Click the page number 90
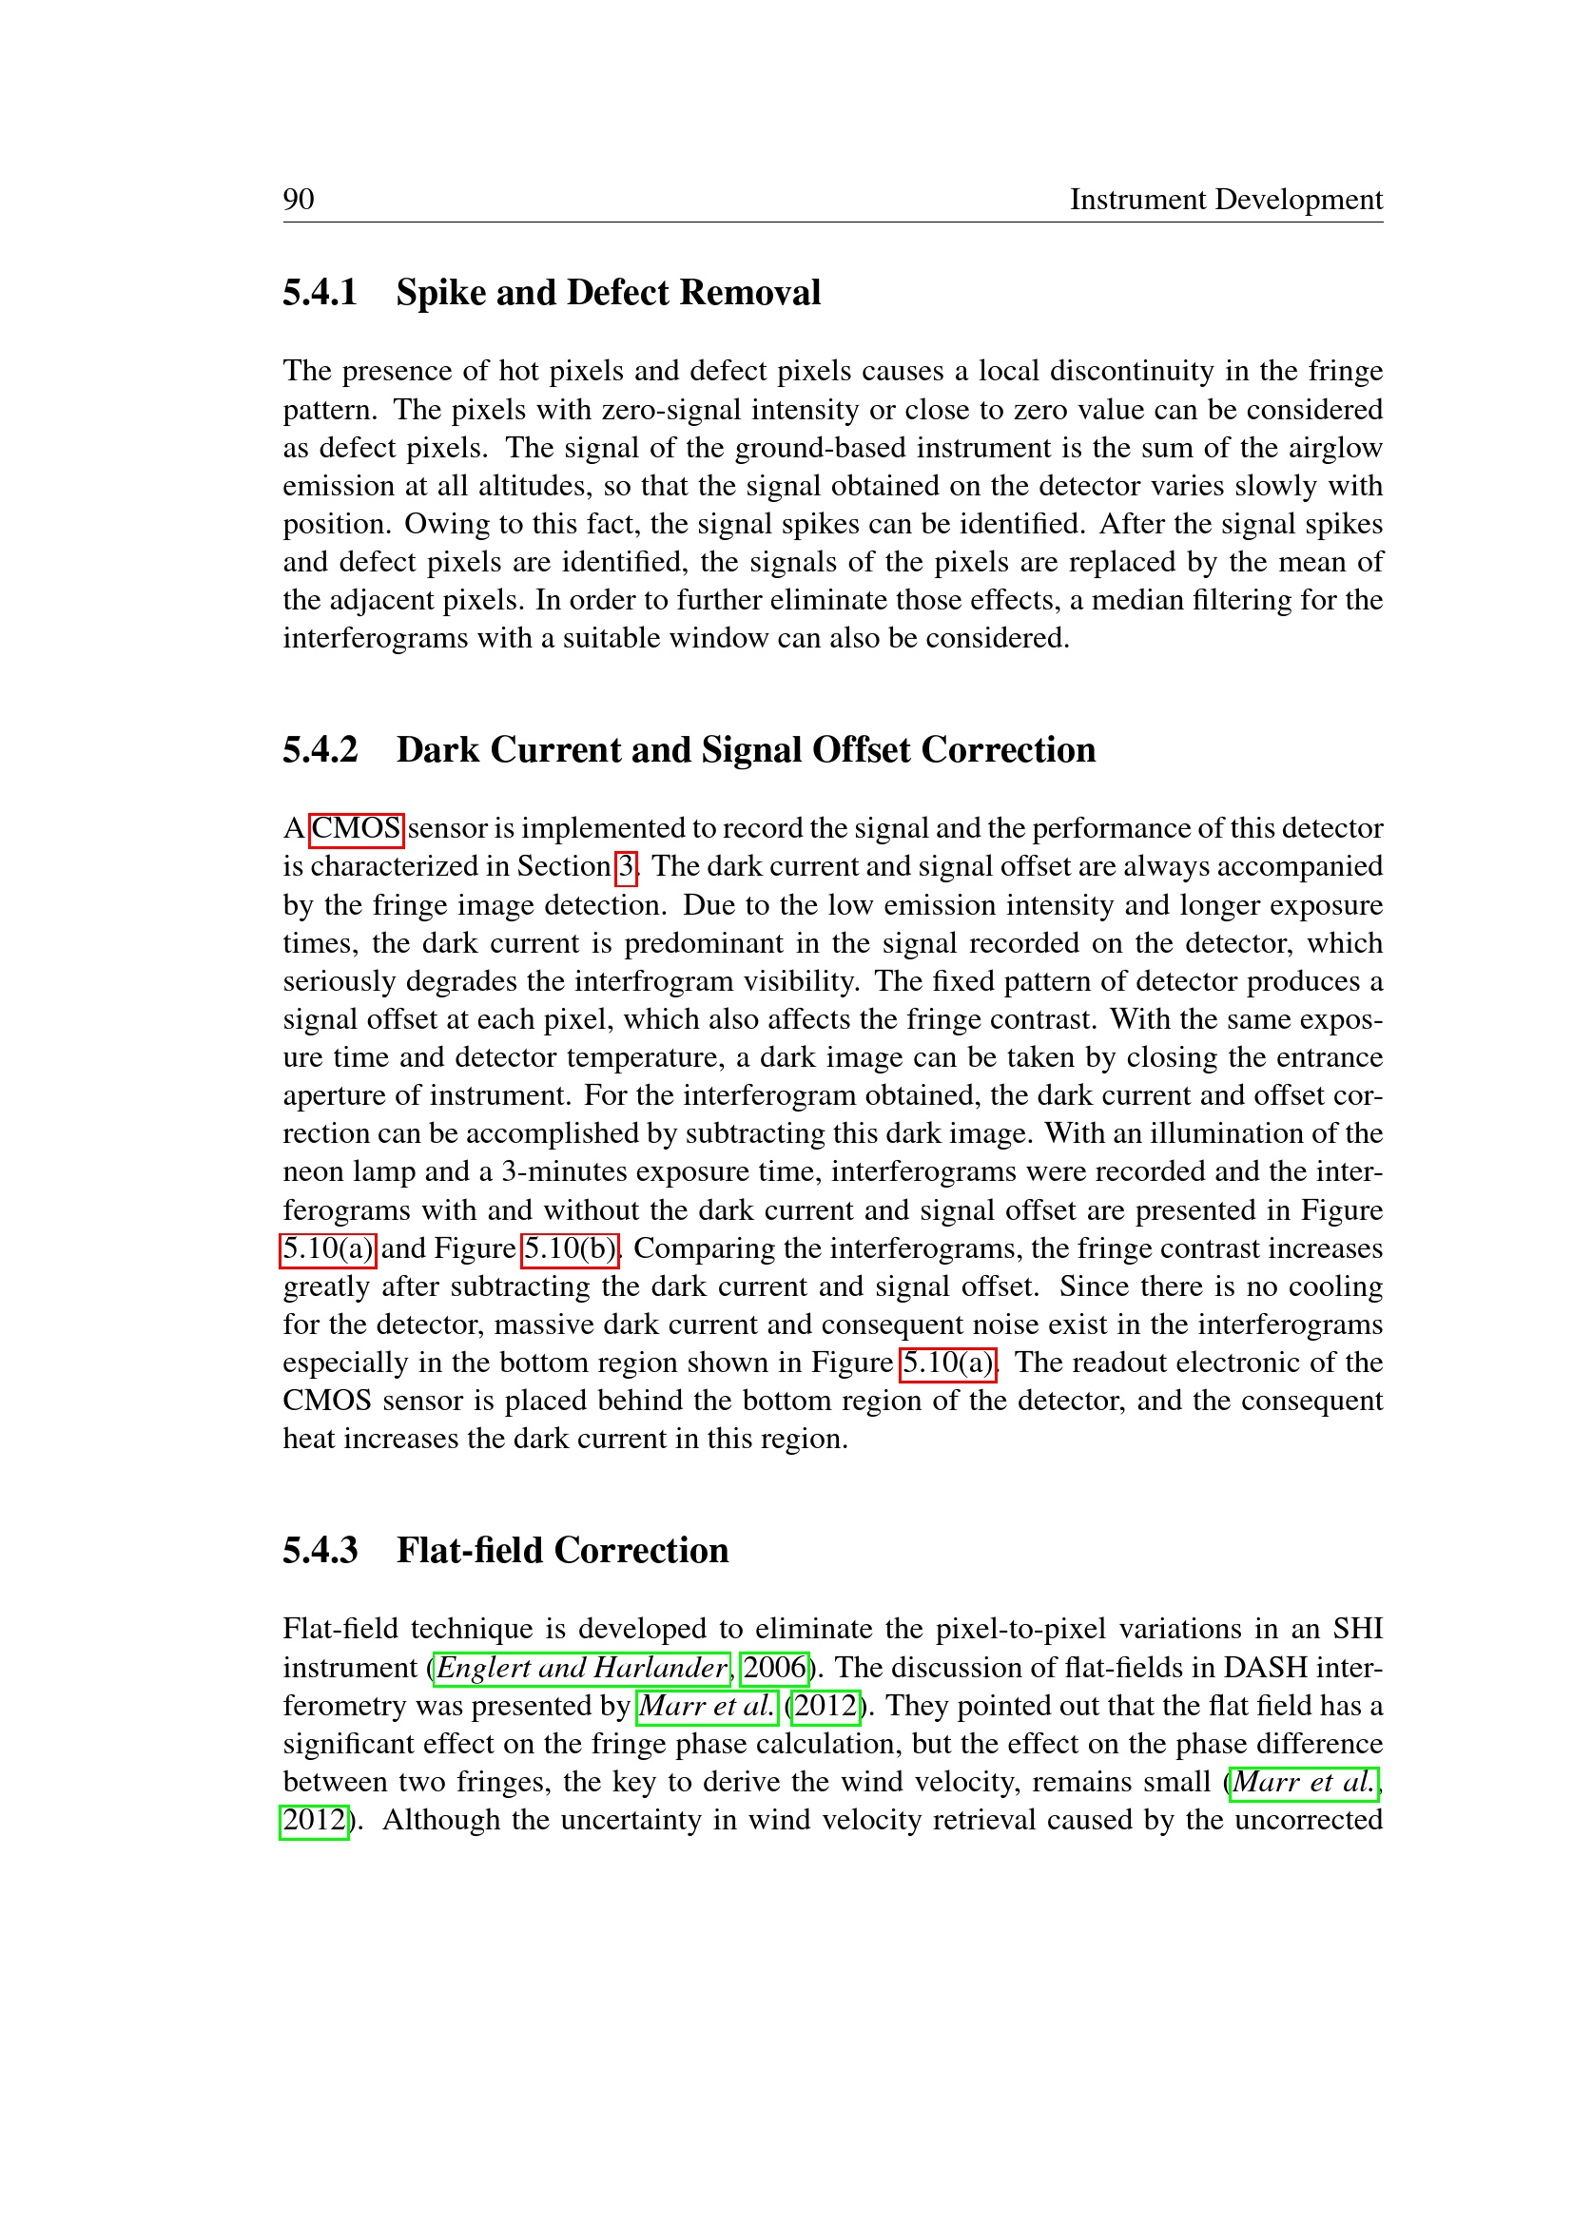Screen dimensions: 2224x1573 click(299, 200)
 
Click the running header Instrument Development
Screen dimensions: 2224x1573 click(1225, 200)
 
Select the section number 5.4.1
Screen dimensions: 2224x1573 click(320, 293)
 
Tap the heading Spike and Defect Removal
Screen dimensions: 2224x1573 click(608, 293)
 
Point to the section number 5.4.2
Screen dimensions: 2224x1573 click(320, 749)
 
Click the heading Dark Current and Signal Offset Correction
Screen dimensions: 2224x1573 click(746, 749)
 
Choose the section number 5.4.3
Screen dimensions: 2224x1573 click(320, 1550)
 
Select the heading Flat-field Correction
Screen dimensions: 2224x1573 click(562, 1550)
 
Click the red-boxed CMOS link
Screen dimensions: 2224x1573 click(356, 829)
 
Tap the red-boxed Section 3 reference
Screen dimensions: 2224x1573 click(627, 867)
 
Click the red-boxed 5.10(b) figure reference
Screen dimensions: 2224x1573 click(570, 1248)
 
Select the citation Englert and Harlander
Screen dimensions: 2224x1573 click(581, 1668)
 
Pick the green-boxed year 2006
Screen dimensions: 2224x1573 click(774, 1668)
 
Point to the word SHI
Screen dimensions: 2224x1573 click(1357, 1630)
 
